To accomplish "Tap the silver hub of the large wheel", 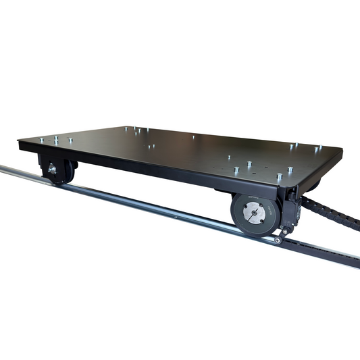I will (253, 215).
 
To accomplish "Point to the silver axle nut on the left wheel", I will (50, 169).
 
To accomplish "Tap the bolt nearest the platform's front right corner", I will (279, 177).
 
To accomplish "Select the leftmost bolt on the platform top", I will (39, 140).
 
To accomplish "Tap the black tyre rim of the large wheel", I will (238, 223).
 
